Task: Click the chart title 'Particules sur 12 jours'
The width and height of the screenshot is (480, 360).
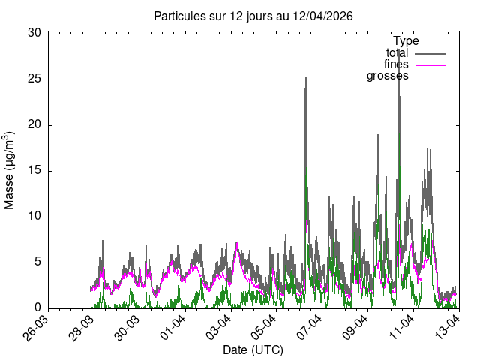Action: tap(253, 16)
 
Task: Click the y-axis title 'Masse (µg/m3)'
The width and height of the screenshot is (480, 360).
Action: tap(10, 170)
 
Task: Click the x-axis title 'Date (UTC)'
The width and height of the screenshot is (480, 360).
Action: tap(253, 349)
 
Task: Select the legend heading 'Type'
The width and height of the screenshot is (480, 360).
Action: tap(406, 41)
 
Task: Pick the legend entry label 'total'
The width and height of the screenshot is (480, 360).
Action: tap(397, 53)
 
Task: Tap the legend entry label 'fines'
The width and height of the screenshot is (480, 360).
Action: tap(396, 64)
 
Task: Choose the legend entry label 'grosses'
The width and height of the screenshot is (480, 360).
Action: tap(388, 76)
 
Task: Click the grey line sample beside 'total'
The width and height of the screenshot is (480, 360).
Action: tap(430, 53)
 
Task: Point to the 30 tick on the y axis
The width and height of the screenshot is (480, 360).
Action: tap(34, 33)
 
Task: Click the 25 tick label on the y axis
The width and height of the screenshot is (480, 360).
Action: tap(34, 79)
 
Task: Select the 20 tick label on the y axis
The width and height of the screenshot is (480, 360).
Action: tap(34, 124)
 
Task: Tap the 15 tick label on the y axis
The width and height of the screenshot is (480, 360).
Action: tap(34, 171)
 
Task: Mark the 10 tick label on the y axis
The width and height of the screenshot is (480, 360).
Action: tap(34, 217)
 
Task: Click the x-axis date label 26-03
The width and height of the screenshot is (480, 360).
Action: tap(38, 328)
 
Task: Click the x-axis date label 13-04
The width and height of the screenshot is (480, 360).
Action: tap(447, 328)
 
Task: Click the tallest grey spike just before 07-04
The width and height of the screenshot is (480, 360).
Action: tap(305, 78)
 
